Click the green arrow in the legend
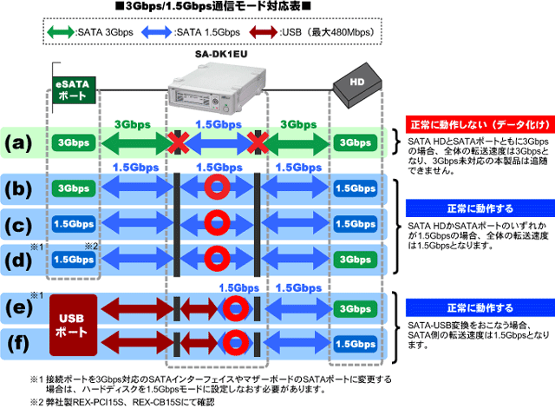click(61, 32)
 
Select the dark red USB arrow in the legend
click(263, 32)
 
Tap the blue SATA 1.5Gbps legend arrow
click(156, 32)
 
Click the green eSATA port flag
click(75, 90)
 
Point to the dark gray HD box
click(357, 85)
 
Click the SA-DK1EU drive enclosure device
click(217, 88)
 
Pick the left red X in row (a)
click(178, 142)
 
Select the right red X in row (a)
click(258, 142)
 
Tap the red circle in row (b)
click(217, 187)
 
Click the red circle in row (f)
click(235, 342)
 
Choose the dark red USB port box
click(73, 325)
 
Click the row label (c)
click(18, 225)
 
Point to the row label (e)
click(18, 308)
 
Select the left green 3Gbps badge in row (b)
click(74, 188)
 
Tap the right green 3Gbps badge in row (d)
click(355, 260)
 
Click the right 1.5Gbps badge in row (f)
click(355, 344)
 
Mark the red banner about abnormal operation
click(480, 124)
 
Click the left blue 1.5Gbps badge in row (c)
click(74, 224)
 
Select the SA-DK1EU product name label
click(221, 54)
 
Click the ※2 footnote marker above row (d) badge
click(91, 247)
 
